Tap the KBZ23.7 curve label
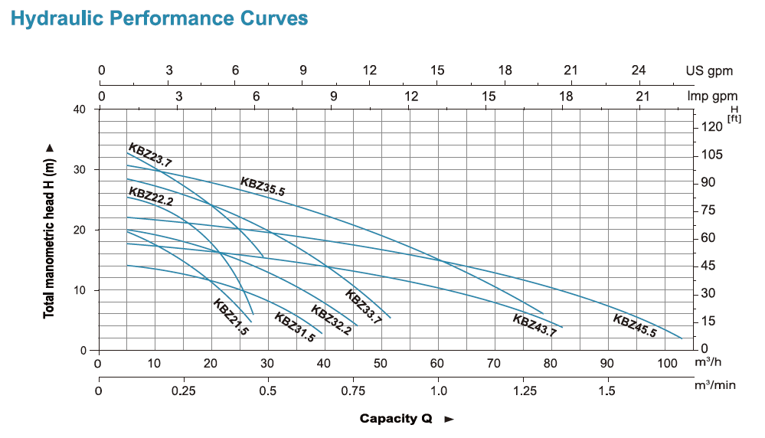click(x=150, y=155)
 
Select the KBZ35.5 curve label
click(x=263, y=187)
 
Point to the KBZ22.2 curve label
click(x=150, y=197)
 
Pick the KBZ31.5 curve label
click(x=294, y=328)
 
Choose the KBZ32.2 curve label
click(x=330, y=320)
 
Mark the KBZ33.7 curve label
click(x=363, y=306)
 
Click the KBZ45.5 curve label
click(x=635, y=326)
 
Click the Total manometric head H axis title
click(x=50, y=230)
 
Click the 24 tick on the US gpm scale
click(x=638, y=70)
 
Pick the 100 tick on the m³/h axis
click(x=665, y=363)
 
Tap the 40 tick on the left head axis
click(x=80, y=109)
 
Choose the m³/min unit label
click(x=714, y=385)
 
